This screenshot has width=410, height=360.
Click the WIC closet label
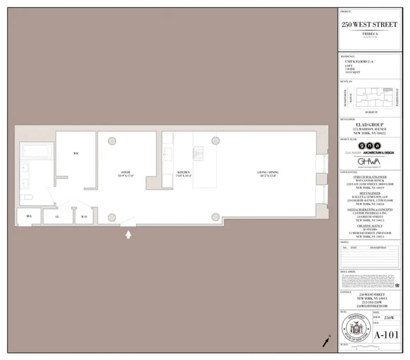(76, 154)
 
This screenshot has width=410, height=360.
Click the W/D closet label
(84, 216)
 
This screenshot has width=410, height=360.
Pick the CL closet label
(57, 216)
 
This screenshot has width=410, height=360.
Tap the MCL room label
(28, 216)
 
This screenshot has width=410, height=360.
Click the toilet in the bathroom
(25, 198)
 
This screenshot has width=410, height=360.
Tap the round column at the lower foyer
(112, 217)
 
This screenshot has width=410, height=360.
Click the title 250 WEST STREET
(369, 25)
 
